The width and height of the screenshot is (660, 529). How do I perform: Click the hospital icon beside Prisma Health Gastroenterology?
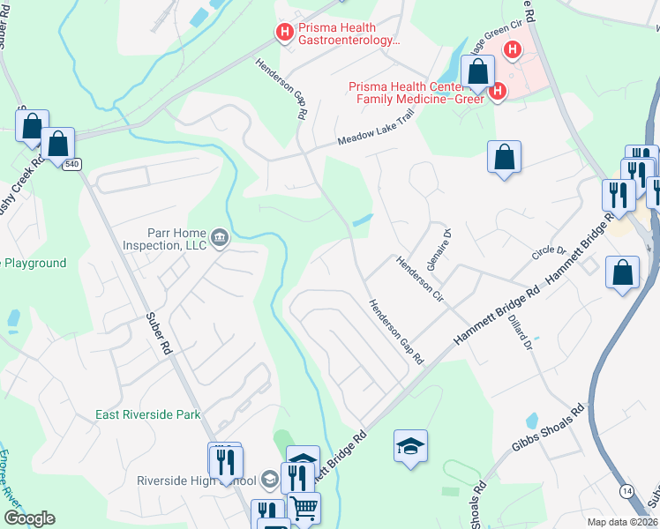click(284, 33)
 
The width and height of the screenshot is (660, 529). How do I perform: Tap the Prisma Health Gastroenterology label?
click(349, 34)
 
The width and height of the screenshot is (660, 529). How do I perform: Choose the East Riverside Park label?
click(148, 414)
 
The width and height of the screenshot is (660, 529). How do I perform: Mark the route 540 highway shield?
click(71, 164)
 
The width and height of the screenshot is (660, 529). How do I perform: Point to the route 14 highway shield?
click(626, 489)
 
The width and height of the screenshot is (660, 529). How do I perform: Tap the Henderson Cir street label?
click(419, 276)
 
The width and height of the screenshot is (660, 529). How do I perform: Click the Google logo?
click(29, 518)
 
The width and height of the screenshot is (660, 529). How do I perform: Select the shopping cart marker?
click(304, 508)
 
